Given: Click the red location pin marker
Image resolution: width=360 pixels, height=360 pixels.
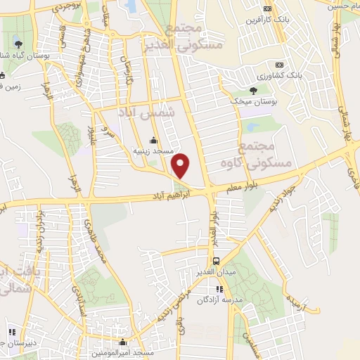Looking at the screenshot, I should click(x=181, y=165).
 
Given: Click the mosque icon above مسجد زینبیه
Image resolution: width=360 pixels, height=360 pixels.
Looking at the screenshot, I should click(x=154, y=139).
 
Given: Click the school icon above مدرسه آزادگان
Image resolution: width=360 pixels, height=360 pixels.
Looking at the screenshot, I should click(x=219, y=288).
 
